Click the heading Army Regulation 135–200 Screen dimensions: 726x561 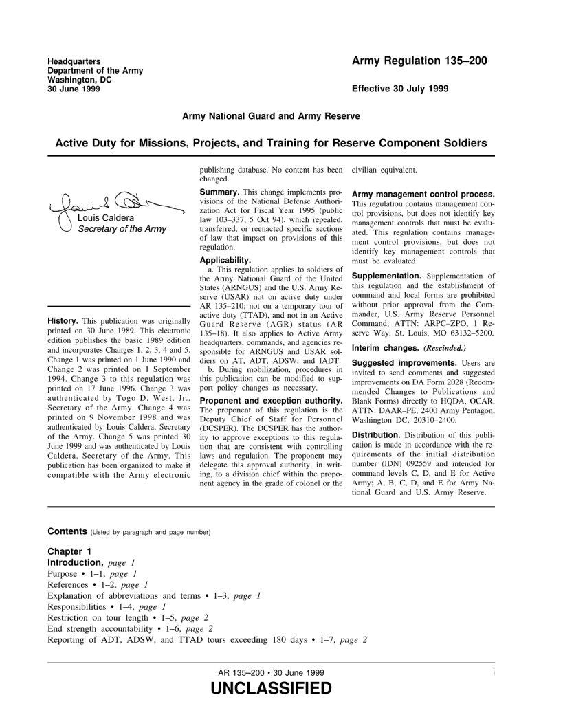(419, 61)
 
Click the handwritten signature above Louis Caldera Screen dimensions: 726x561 (110, 204)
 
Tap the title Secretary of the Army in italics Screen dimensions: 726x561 (122, 229)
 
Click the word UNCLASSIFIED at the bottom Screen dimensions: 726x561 (269, 688)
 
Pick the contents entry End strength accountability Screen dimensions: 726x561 (103, 628)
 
